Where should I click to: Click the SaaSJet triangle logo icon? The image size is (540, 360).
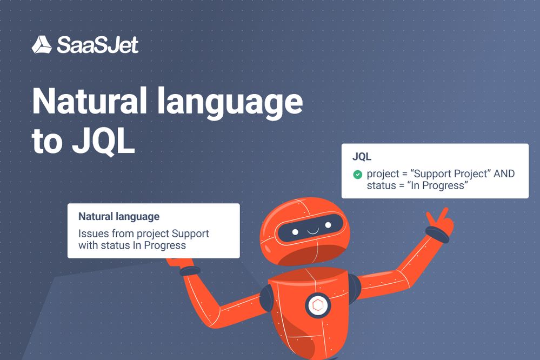42,45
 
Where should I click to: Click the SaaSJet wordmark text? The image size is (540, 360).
97,45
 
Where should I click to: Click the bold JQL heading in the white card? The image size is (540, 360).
362,157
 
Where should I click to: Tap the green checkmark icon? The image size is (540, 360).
357,174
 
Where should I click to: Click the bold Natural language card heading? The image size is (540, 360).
119,217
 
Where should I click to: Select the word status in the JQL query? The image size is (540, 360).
381,185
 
